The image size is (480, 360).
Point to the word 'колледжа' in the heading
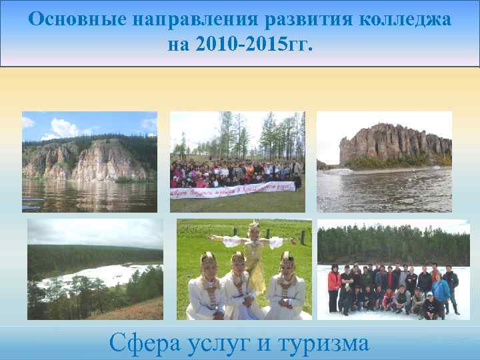click(405, 20)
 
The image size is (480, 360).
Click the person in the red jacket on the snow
click(334, 287)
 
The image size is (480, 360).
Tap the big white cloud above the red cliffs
click(64, 126)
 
